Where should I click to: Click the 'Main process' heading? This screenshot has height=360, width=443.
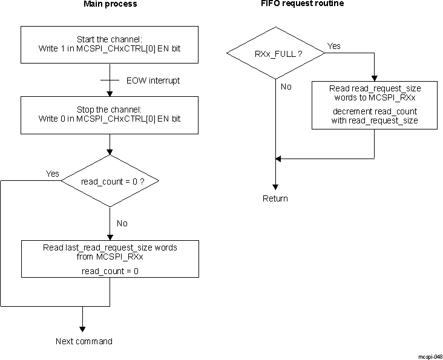point(110,4)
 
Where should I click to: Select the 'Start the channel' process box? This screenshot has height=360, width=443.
point(110,44)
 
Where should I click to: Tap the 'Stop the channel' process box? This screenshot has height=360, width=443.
point(110,114)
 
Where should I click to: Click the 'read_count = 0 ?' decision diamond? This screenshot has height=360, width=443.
point(110,180)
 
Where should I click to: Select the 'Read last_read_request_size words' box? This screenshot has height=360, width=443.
point(110,259)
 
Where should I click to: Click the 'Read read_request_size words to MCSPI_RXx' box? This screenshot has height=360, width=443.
point(375,105)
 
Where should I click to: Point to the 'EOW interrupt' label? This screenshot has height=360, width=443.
point(153,80)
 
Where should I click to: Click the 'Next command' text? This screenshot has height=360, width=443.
point(84,341)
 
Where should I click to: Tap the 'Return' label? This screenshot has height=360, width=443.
point(275,198)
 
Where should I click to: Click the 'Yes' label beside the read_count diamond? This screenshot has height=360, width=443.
point(53,174)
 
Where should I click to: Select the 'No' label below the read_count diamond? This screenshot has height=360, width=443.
point(122,223)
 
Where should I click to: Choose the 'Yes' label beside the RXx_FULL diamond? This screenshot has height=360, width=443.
point(333,46)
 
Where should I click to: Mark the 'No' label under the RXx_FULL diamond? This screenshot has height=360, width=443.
point(286,87)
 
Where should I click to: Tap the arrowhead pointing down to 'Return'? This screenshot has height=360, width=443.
point(275,186)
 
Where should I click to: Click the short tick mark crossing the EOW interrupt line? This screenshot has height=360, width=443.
point(110,80)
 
